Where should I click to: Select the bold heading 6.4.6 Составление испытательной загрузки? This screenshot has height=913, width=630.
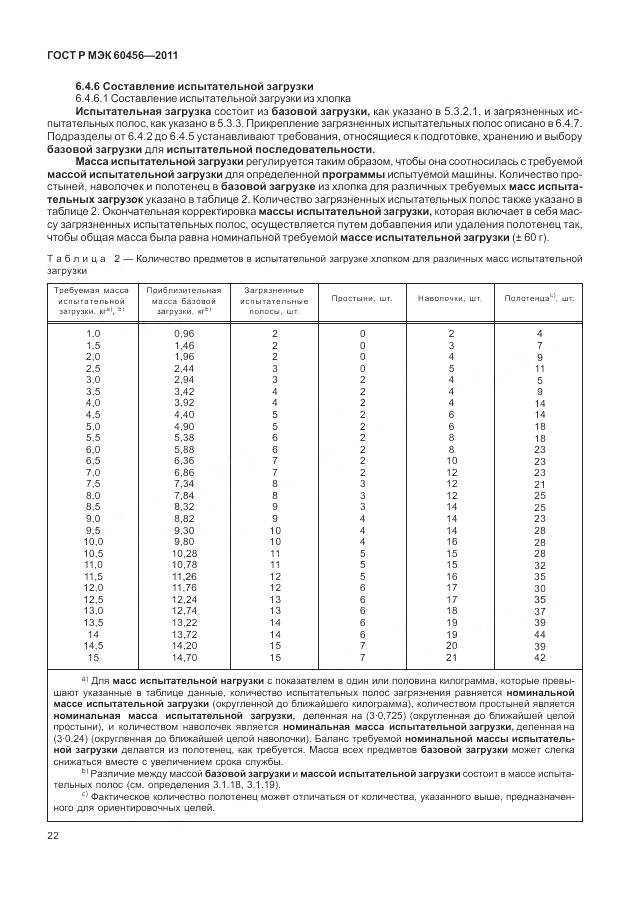pos(195,87)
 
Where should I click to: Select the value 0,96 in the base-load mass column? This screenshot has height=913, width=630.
pos(184,333)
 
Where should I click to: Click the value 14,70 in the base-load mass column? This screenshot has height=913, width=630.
pos(184,658)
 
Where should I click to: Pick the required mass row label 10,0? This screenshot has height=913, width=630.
pos(94,541)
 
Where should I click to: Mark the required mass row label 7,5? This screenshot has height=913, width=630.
pos(94,483)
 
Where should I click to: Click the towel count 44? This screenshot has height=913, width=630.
pos(540,635)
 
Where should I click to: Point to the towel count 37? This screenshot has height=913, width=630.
pos(540,611)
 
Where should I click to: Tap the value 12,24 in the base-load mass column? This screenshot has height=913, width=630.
pos(184,599)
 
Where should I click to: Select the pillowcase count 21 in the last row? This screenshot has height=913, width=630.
pos(451,658)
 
